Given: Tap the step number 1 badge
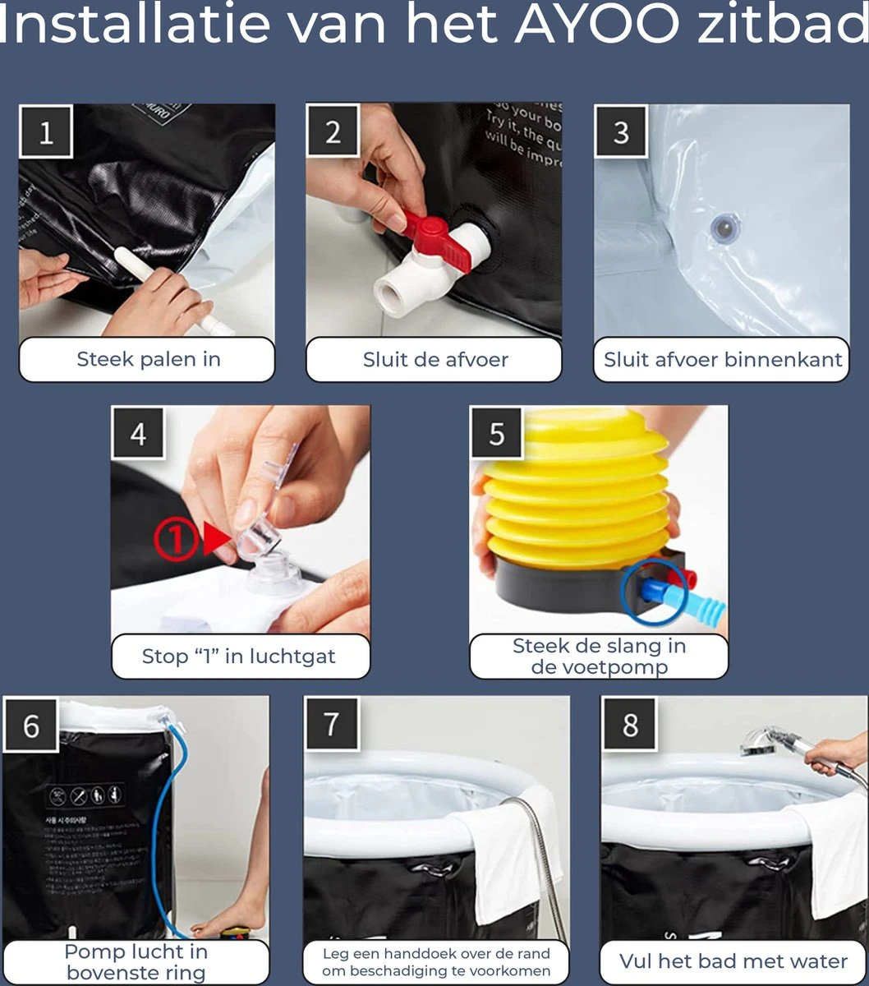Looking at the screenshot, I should pyautogui.click(x=46, y=131).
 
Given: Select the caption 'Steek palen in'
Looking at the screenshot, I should pyautogui.click(x=148, y=359).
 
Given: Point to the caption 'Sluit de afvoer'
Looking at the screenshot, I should pyautogui.click(x=435, y=359).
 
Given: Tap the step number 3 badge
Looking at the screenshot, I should pyautogui.click(x=621, y=131).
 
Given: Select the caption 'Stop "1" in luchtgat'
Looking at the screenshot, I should pyautogui.click(x=239, y=657).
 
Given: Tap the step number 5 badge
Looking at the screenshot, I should pyautogui.click(x=497, y=432).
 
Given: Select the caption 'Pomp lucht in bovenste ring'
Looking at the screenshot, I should pyautogui.click(x=136, y=962).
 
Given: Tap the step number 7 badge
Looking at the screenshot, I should pyautogui.click(x=331, y=724).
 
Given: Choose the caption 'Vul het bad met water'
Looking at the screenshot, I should pyautogui.click(x=733, y=961).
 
